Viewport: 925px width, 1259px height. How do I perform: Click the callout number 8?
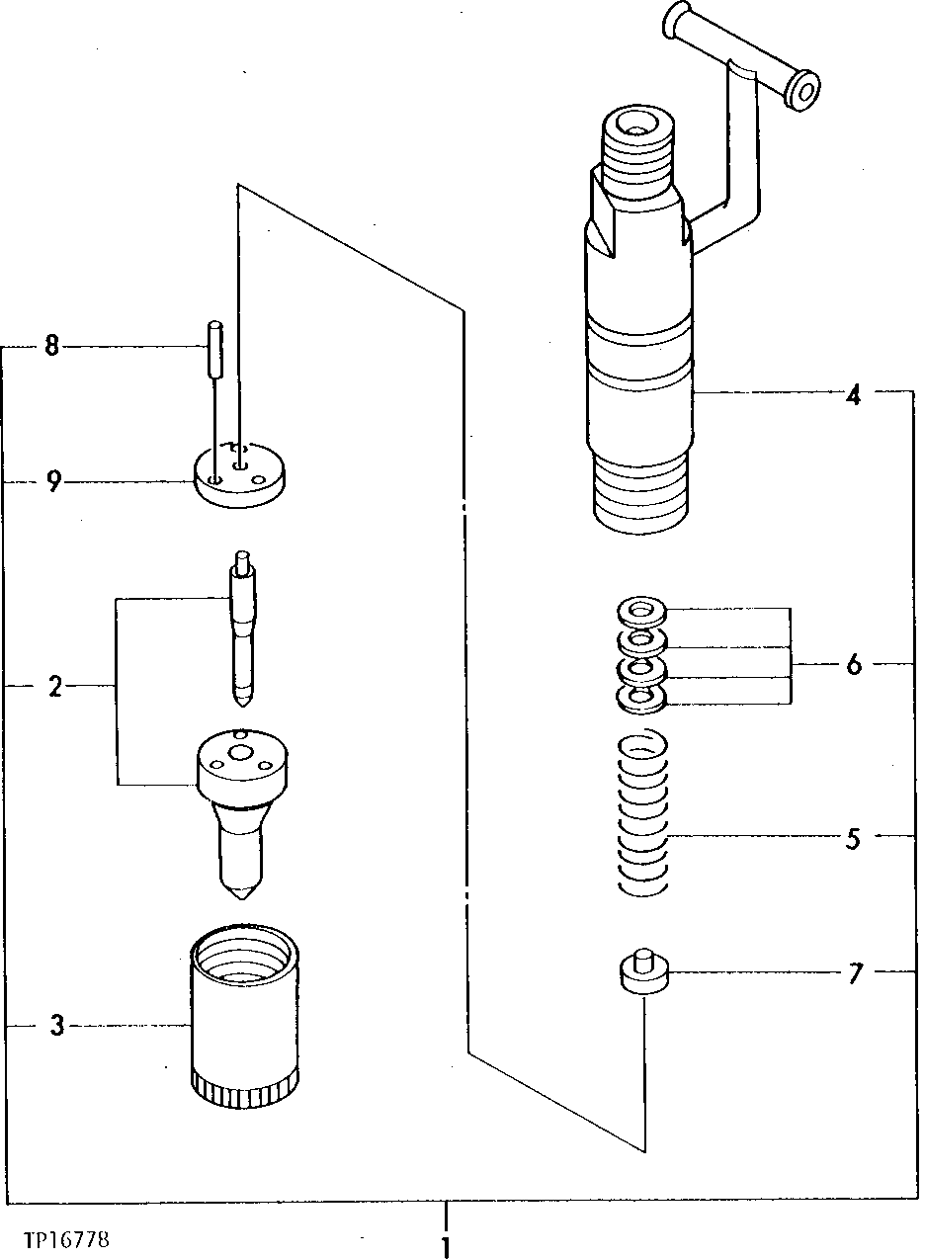51,346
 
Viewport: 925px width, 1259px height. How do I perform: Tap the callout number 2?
55,686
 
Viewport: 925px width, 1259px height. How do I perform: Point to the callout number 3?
57,1027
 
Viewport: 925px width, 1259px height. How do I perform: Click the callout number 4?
853,395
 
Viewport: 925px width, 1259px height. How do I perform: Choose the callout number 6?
853,664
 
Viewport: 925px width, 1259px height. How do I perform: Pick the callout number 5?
853,838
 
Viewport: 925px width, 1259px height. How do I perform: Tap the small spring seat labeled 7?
643,973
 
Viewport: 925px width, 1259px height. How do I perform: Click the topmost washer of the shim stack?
639,610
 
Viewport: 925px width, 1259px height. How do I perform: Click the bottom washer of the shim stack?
639,701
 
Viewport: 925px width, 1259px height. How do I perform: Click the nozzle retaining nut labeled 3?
242,1028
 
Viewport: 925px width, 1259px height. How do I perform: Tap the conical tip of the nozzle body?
240,889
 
